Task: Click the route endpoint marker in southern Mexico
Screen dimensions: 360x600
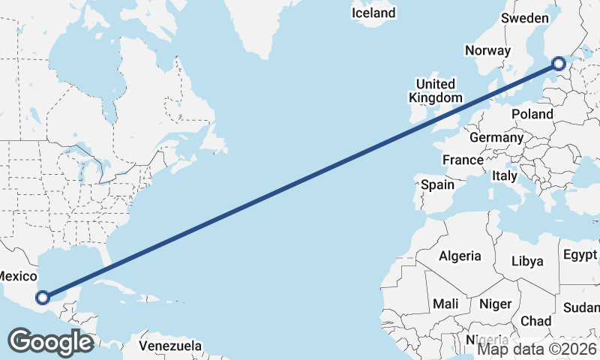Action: point(43,298)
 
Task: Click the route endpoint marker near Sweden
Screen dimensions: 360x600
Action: point(559,64)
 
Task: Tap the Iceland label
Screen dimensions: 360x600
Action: point(373,13)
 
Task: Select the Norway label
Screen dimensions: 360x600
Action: point(487,50)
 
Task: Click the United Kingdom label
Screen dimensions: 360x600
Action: point(435,91)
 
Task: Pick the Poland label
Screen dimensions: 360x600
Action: point(532,114)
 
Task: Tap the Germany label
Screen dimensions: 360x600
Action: point(496,138)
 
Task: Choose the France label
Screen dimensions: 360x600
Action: point(463,160)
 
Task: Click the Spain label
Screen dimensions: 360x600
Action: point(438,184)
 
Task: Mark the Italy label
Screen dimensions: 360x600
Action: point(505,175)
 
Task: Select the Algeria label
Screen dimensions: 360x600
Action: point(460,256)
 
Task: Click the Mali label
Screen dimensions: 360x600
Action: point(445,304)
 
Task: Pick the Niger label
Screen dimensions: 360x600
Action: point(495,304)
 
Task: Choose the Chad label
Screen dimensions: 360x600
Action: point(535,321)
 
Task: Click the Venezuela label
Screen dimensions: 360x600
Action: point(170,346)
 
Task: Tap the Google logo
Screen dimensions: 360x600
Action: point(50,342)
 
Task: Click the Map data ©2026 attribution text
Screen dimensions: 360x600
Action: point(537,348)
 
